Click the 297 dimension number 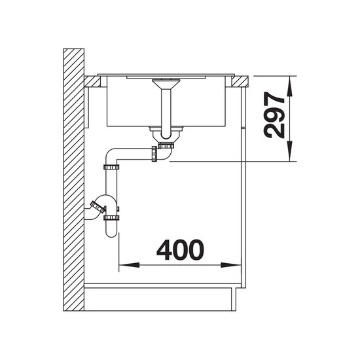[274, 115]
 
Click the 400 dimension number [180, 250]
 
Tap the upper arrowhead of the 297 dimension [290, 86]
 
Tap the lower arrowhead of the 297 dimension [290, 151]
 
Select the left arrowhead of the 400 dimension [129, 265]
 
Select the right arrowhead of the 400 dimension [231, 265]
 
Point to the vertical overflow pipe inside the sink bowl [166, 114]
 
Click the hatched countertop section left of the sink [92, 81]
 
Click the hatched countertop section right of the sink [240, 81]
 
